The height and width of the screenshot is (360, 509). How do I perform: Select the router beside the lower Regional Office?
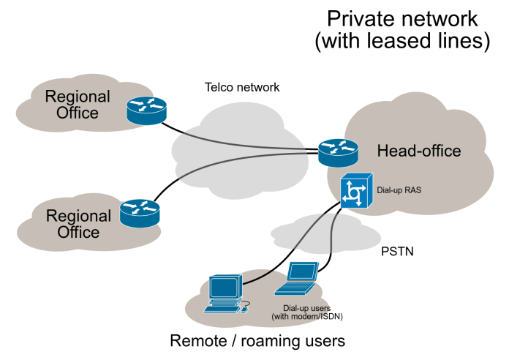point(140,212)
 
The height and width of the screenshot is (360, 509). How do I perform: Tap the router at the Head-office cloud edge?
point(338,152)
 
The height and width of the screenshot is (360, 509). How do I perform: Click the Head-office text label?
point(418,151)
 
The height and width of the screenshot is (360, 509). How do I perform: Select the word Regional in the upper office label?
point(78,97)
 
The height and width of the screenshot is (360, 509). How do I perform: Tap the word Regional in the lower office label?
point(78,216)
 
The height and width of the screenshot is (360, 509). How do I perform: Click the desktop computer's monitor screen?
point(225,288)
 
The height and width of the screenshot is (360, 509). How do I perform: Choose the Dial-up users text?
point(306,309)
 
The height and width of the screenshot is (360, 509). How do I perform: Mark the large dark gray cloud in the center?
point(234,146)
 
